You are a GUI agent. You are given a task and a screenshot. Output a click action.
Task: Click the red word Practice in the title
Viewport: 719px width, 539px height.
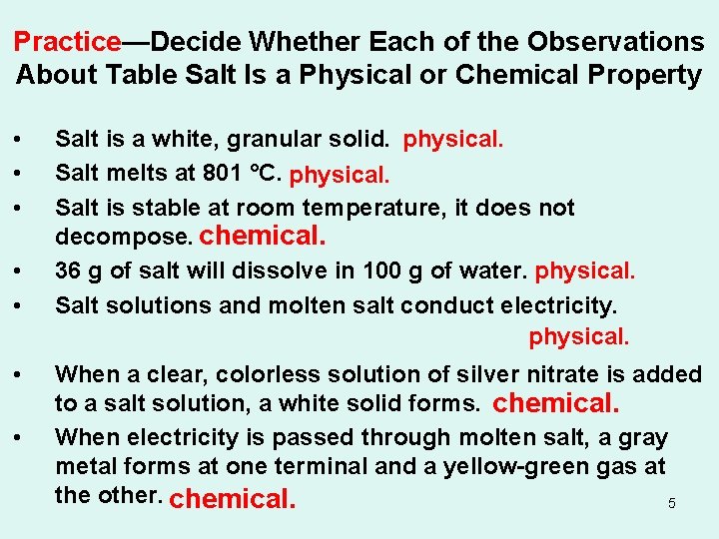pos(67,42)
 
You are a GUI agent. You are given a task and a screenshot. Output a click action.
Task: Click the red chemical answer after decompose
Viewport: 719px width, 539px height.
pos(264,237)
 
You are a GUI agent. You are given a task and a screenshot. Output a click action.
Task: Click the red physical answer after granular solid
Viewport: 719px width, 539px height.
pos(453,140)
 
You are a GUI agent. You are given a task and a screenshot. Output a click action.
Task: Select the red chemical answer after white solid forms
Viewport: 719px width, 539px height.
pos(557,403)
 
